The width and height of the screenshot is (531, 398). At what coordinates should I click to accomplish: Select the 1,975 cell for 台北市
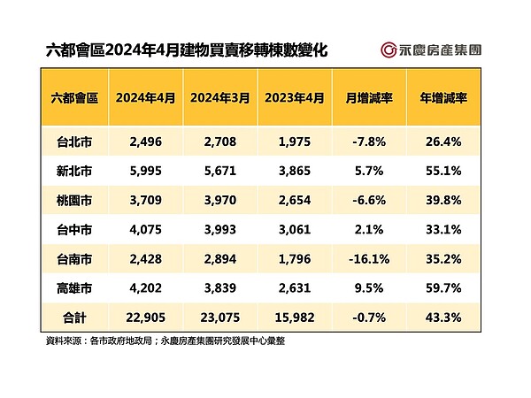[x=293, y=139]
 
